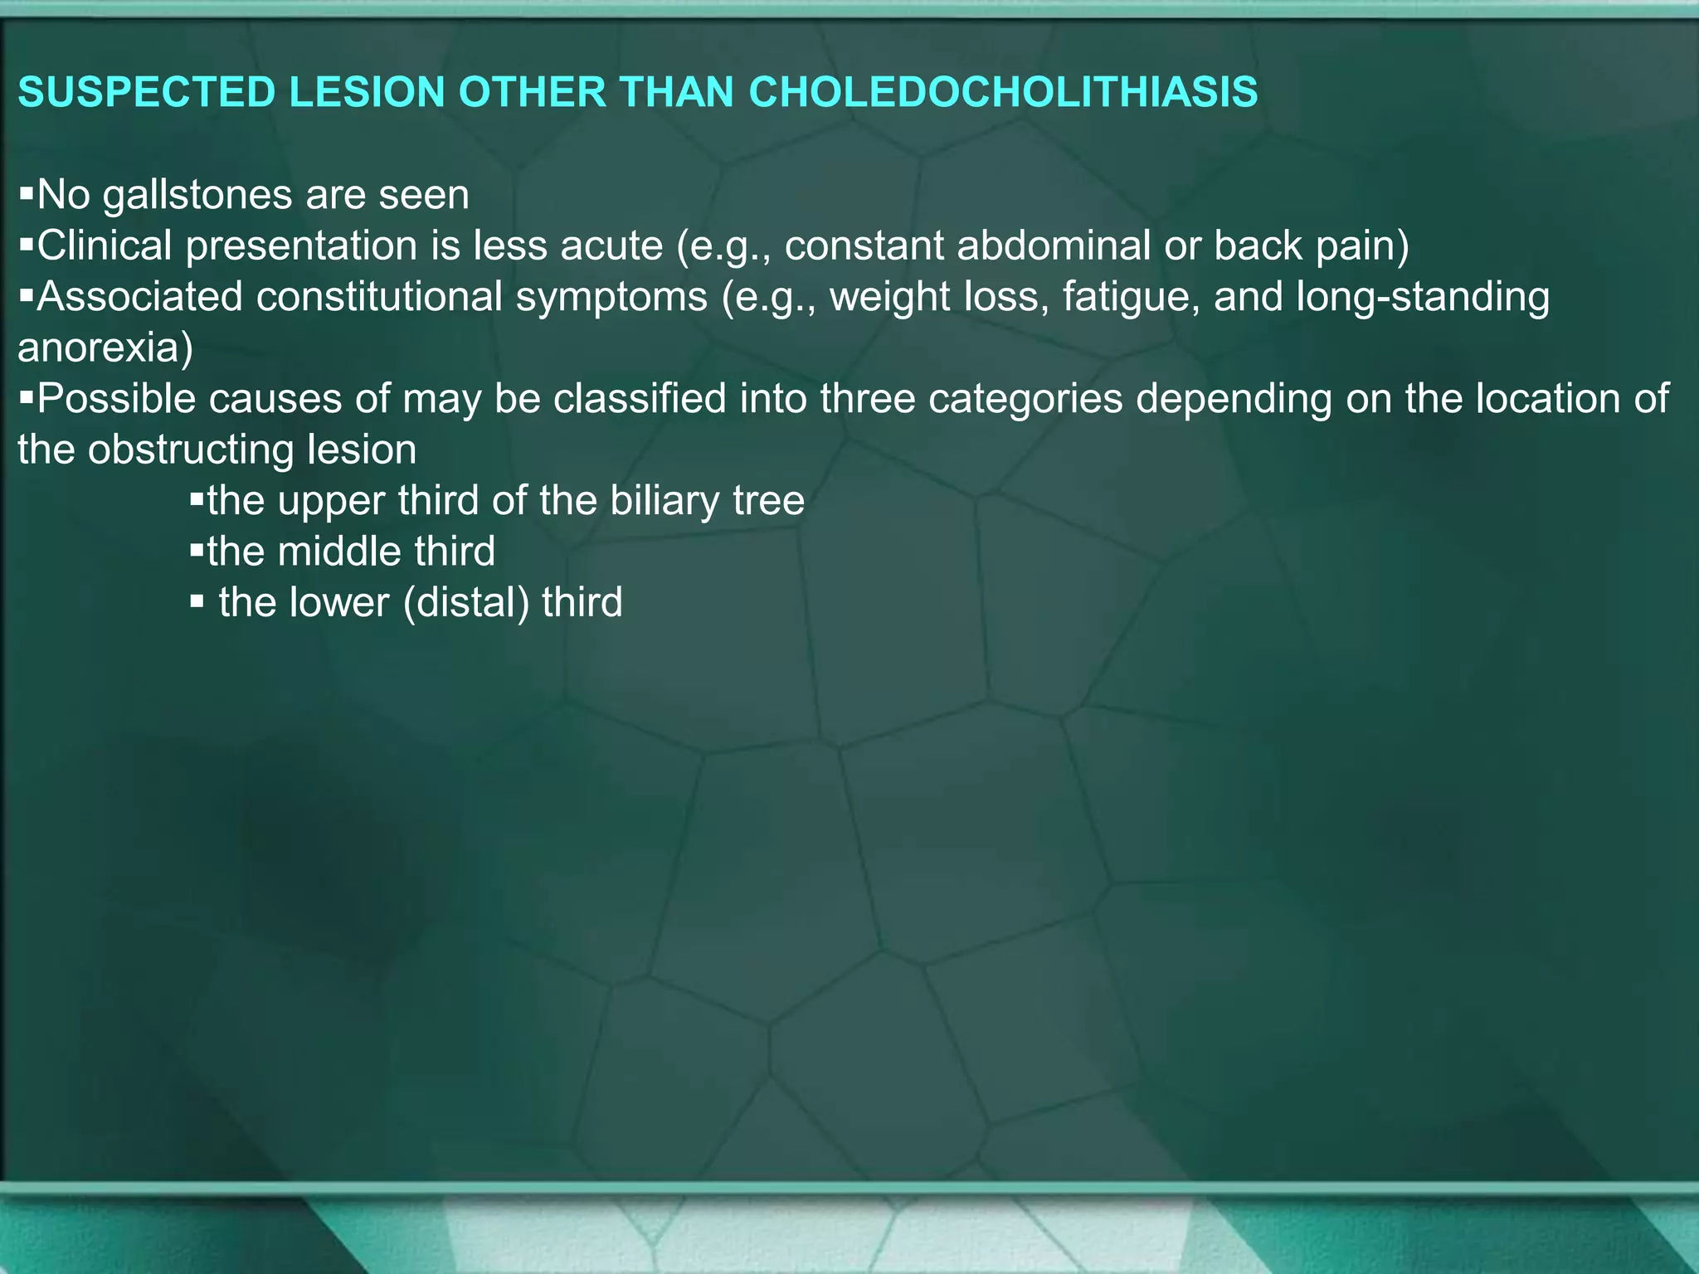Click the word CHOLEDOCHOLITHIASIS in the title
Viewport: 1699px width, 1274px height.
[x=1003, y=92]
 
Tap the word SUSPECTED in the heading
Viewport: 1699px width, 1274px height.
[x=147, y=92]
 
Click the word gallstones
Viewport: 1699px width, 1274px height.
[x=197, y=196]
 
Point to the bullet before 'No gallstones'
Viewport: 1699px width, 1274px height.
[x=26, y=195]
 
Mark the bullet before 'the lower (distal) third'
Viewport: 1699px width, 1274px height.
[x=197, y=601]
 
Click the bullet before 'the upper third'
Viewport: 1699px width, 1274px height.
[x=197, y=500]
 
